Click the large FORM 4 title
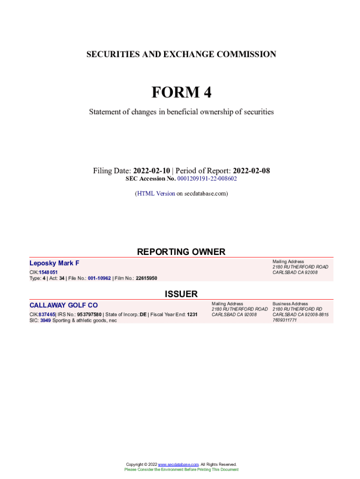181,93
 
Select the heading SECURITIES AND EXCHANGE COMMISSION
181,54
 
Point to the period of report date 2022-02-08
251,171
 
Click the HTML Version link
156,193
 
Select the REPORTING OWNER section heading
181,252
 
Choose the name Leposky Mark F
54,263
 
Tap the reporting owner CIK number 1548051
48,272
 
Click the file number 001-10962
99,278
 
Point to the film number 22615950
146,278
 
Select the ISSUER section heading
181,294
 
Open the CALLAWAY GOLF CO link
64,305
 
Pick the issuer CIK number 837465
47,315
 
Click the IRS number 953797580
89,315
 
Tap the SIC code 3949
45,320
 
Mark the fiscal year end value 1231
192,315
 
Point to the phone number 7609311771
285,320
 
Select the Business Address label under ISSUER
290,304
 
